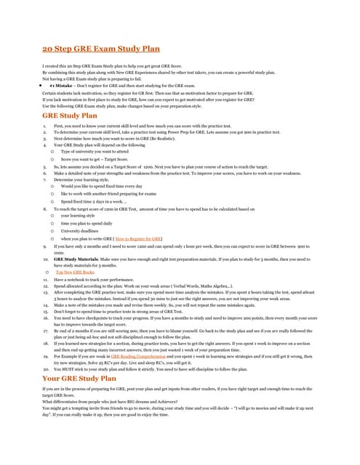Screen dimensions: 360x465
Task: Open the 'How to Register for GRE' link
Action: tap(137, 238)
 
